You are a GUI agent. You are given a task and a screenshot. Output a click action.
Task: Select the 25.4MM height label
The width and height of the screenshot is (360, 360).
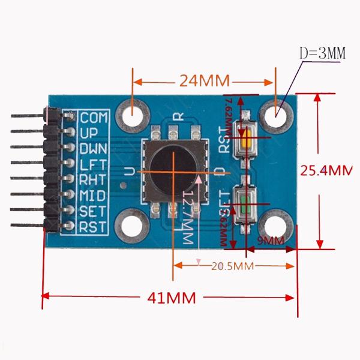(x=326, y=170)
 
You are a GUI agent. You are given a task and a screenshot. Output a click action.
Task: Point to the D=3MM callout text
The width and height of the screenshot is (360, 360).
(x=322, y=53)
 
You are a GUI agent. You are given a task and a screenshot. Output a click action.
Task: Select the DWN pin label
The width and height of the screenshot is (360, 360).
(x=93, y=148)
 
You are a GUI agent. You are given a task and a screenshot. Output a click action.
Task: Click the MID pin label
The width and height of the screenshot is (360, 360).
(x=93, y=194)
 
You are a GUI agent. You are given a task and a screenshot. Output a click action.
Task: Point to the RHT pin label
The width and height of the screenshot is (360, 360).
(x=93, y=179)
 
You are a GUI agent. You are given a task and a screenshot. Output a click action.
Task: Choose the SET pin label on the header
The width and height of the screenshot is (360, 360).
(x=93, y=211)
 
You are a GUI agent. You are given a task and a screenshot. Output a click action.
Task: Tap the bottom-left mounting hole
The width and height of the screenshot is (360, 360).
(x=134, y=224)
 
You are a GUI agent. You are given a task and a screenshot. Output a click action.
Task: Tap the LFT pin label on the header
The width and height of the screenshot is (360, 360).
(x=93, y=163)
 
